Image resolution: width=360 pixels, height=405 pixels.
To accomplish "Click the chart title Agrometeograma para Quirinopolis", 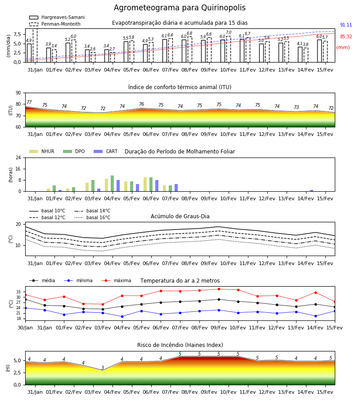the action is click(x=180, y=8).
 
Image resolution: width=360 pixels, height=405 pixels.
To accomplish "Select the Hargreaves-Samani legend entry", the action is click(x=57, y=17).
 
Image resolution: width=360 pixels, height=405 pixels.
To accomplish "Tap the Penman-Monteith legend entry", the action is click(x=55, y=24).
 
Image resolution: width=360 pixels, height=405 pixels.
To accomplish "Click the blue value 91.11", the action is click(x=346, y=25).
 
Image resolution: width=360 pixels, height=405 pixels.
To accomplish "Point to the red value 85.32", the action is click(x=346, y=36).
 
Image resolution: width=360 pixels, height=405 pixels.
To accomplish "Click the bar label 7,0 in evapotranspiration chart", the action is click(x=229, y=32).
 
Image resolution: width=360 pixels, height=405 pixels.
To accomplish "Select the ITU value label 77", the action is click(x=29, y=102).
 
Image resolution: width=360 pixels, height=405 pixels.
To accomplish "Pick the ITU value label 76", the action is click(x=141, y=104).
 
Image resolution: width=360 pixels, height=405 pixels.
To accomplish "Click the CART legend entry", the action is click(x=106, y=151).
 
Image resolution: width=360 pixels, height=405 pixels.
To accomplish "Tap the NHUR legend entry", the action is click(x=42, y=151).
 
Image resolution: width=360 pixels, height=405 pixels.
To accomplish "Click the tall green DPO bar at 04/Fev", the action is click(x=112, y=184).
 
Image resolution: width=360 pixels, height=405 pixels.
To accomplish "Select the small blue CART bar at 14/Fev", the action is click(x=312, y=191).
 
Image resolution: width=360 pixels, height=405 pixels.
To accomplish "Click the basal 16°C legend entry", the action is click(x=92, y=217).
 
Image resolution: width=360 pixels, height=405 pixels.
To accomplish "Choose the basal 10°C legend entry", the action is click(x=47, y=211).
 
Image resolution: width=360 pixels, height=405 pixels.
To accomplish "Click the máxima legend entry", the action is click(x=116, y=280).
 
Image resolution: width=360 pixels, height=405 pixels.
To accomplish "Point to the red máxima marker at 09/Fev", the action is click(x=219, y=289).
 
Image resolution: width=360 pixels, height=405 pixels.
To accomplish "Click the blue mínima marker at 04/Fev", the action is click(x=122, y=316).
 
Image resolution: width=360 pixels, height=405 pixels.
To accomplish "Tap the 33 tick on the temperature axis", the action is click(x=18, y=292).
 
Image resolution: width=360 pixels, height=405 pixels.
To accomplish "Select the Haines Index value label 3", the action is click(x=103, y=368).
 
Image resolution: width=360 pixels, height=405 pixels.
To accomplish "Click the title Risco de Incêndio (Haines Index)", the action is click(x=180, y=345).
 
